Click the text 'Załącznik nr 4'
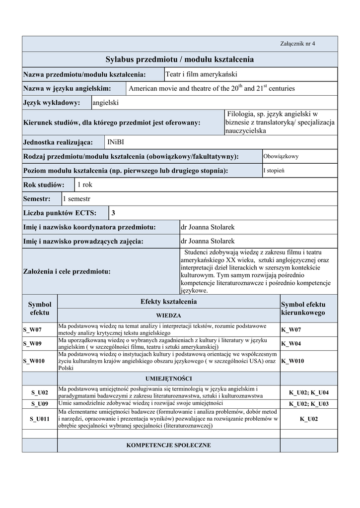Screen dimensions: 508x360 point(297,44)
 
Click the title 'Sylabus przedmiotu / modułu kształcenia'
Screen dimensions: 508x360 point(180,60)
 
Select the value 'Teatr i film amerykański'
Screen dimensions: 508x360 point(201,74)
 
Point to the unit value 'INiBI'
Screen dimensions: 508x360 point(116,142)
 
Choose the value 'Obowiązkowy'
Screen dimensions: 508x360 point(281,156)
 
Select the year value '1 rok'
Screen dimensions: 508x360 point(84,185)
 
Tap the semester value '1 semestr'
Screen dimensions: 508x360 point(76,199)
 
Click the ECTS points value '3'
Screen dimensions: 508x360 point(113,213)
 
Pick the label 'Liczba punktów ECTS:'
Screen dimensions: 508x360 point(65,213)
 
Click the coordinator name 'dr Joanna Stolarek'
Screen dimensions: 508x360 point(208,227)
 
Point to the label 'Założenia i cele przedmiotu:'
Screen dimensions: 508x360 point(67,272)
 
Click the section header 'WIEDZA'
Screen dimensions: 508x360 point(168,315)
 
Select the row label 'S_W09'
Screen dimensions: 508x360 point(32,343)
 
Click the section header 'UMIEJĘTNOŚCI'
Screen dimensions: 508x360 point(168,379)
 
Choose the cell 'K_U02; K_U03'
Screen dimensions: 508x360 point(308,404)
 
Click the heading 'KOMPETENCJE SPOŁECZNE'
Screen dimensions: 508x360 point(168,445)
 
